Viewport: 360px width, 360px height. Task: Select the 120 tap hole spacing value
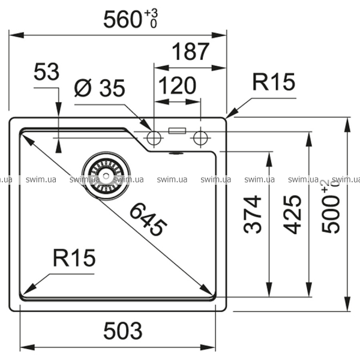[176, 86]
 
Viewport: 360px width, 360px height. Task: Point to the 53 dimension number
[46, 73]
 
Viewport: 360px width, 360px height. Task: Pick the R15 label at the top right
[274, 82]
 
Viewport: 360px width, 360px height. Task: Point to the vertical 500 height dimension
[331, 214]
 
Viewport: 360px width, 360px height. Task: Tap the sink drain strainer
[106, 174]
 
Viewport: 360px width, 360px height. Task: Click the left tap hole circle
[154, 138]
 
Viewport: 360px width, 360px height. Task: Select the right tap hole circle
[200, 138]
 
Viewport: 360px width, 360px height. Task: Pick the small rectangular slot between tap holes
[177, 130]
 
